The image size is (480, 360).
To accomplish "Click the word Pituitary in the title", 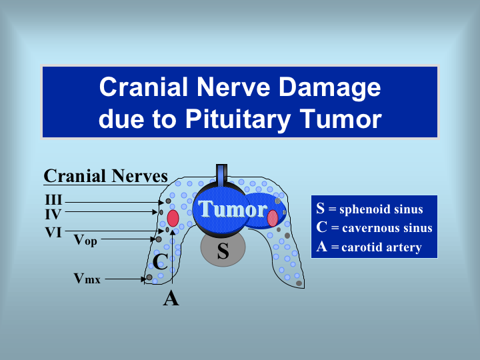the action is click(x=238, y=119).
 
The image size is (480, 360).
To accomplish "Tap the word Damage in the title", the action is click(x=329, y=88).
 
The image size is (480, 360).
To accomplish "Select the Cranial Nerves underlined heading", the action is click(x=105, y=176).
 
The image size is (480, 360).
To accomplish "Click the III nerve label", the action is click(x=53, y=200).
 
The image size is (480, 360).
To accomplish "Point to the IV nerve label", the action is click(x=53, y=214).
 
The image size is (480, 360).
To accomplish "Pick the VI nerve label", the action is click(x=53, y=233).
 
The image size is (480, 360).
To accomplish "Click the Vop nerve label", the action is click(x=85, y=240).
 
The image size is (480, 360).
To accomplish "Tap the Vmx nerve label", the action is click(x=87, y=279).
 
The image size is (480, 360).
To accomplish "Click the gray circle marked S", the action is click(x=223, y=248).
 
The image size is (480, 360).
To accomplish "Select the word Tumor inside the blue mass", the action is click(x=233, y=209).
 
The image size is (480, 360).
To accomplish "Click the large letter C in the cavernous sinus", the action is click(x=160, y=262).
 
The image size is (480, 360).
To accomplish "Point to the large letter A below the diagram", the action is click(x=171, y=299).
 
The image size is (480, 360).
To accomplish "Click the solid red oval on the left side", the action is click(x=173, y=218).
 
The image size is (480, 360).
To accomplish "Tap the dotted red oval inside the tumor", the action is click(x=273, y=218).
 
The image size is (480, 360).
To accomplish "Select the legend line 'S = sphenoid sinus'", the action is click(x=369, y=209).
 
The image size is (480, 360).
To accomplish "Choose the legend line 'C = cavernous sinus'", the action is click(x=374, y=228).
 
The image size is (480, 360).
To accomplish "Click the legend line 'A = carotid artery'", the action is click(x=369, y=247).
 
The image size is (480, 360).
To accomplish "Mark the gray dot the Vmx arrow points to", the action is click(x=149, y=277).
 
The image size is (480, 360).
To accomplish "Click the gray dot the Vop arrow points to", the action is click(x=159, y=239).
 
